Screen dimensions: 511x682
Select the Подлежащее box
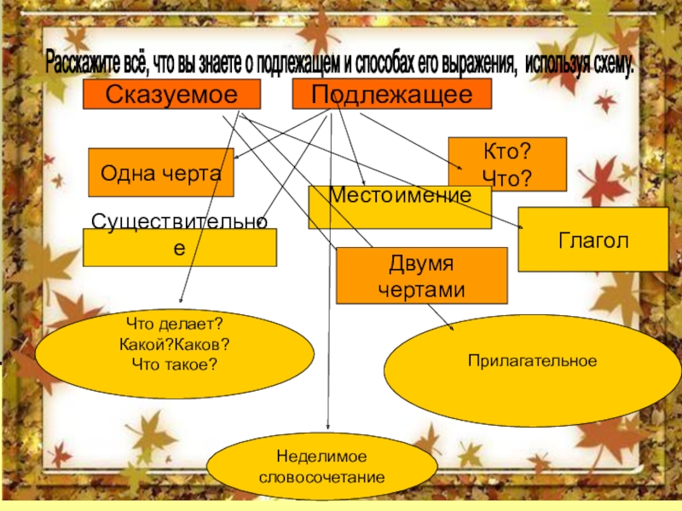point(392,95)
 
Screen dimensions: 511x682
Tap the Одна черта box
point(161,172)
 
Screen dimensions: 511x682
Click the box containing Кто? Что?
point(507,164)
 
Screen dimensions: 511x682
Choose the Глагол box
point(593,240)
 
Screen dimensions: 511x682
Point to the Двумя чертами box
point(422,275)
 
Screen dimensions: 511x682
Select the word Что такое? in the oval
point(174,364)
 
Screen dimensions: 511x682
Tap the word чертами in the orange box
point(422,288)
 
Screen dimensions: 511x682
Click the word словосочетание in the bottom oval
point(321,478)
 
